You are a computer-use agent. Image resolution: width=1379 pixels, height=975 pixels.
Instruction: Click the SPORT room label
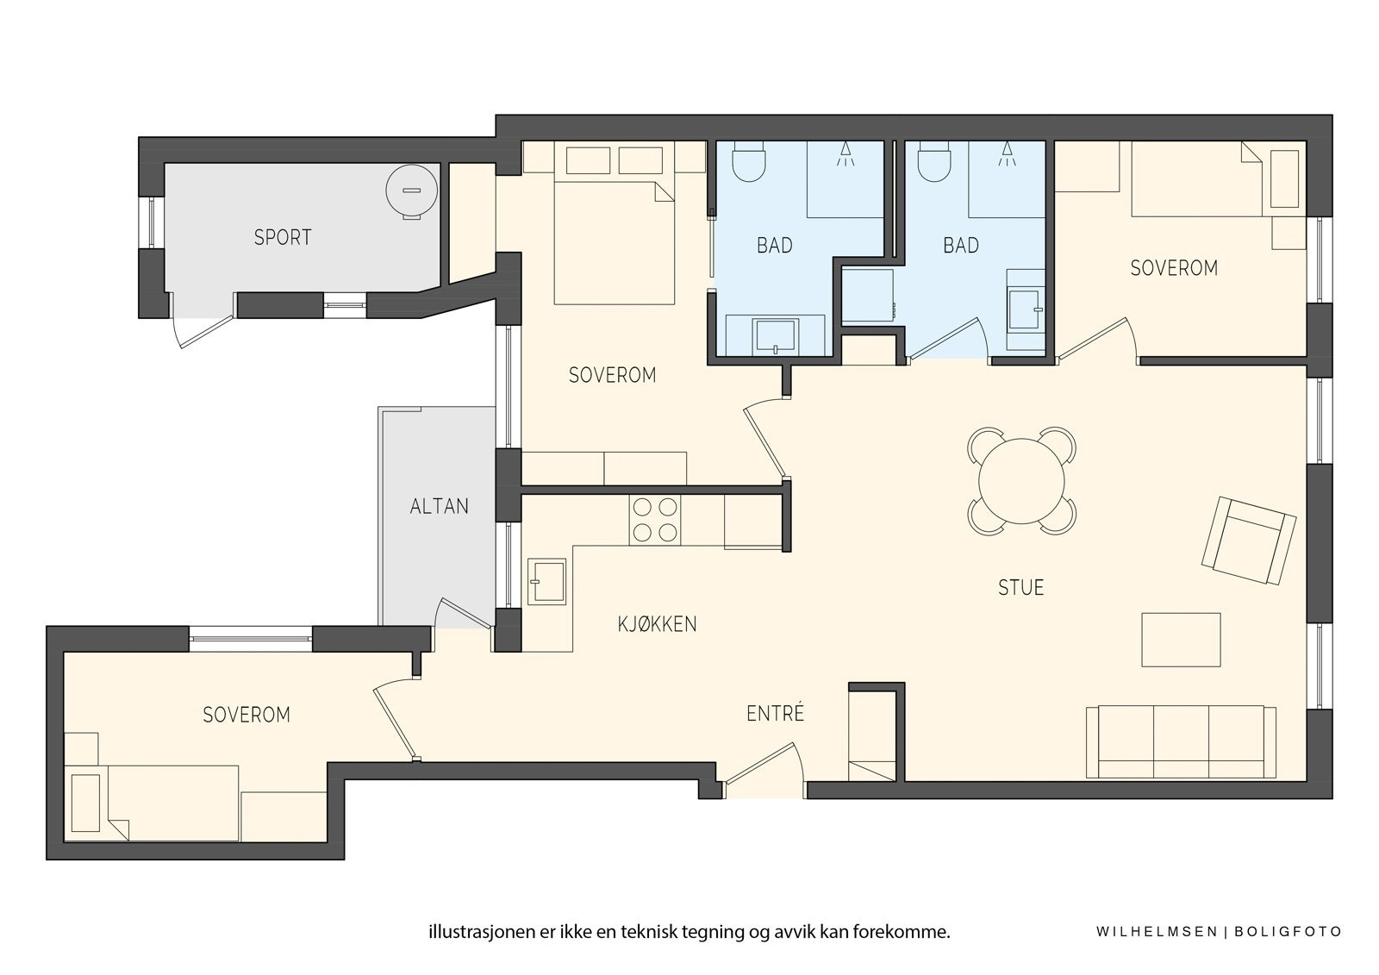283,237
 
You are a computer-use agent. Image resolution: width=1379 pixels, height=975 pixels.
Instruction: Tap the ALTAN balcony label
439,506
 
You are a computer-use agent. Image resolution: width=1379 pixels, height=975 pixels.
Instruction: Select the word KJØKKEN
657,624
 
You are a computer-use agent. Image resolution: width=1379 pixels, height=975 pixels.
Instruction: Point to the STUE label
1020,588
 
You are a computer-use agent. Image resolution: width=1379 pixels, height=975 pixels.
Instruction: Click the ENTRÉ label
775,713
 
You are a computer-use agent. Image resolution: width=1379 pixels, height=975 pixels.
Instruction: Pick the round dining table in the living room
1021,481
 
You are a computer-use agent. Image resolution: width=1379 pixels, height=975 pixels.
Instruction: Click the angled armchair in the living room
1249,541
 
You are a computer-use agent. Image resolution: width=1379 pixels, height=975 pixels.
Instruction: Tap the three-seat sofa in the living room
1181,741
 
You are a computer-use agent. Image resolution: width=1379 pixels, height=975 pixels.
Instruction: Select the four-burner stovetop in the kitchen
655,520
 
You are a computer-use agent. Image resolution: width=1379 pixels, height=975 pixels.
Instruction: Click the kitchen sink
546,581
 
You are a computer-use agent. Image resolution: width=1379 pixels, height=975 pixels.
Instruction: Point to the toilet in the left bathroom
749,160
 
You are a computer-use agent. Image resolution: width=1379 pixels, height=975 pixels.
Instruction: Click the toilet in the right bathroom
934,160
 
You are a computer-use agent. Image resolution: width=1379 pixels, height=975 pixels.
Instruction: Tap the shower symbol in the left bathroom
845,154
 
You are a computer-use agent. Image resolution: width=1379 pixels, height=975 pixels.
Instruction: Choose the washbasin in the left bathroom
776,336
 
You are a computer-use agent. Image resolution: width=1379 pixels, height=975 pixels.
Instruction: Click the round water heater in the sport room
412,191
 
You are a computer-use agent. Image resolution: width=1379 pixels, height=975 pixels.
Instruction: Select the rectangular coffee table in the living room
1181,640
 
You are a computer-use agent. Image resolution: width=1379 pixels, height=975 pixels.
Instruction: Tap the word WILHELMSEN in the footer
1156,932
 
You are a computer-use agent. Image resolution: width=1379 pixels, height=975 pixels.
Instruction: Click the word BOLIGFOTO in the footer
1288,932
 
